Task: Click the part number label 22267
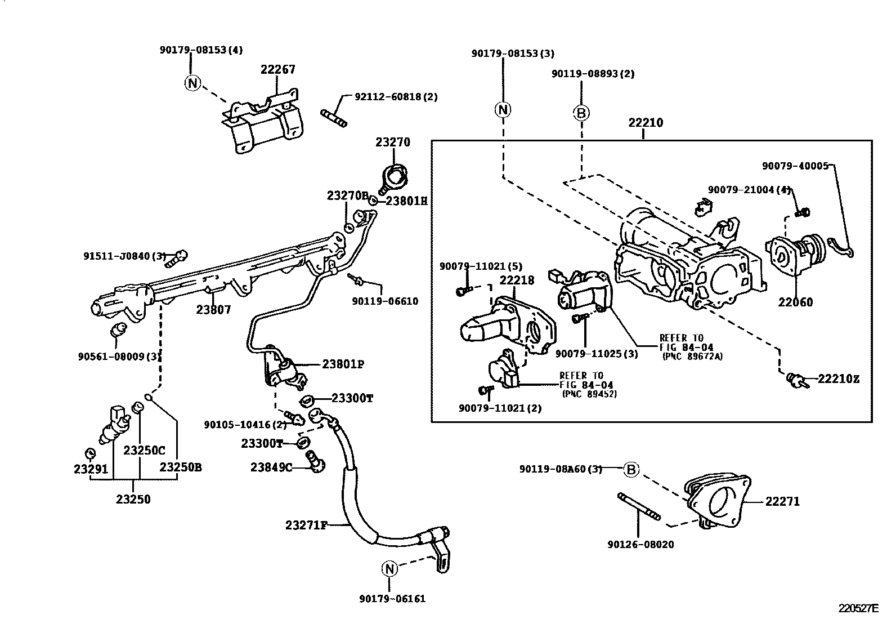tap(277, 70)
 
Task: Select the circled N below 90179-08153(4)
tap(192, 83)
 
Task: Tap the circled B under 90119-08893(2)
tap(581, 113)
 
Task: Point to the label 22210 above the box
tap(646, 123)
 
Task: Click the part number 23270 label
tap(393, 142)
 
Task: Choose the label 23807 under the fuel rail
tap(213, 310)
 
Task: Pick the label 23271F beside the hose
tap(306, 526)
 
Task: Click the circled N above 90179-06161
tap(389, 569)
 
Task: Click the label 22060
tap(795, 302)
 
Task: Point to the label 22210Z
tap(838, 379)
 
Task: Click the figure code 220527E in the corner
tap(858, 608)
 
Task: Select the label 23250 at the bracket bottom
tap(133, 499)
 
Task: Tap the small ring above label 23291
tap(89, 452)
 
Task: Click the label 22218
tap(517, 280)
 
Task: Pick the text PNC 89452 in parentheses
tap(589, 394)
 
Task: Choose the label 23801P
tap(343, 364)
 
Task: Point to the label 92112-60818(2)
tap(396, 97)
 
